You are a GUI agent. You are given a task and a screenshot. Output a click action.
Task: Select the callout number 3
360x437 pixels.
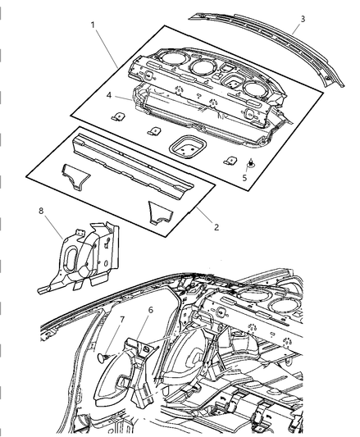click(303, 18)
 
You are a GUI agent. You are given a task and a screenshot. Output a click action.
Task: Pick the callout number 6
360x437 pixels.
click(151, 309)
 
